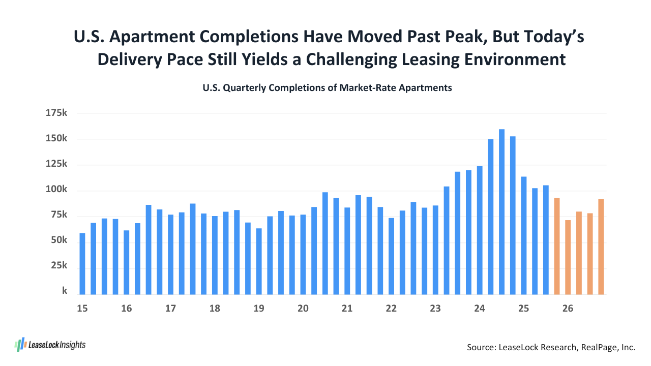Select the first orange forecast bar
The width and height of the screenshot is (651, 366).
557,246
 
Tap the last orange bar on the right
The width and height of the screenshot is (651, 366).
601,247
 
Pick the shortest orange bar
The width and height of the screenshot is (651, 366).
568,257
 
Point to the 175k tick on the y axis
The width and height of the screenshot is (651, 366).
56,113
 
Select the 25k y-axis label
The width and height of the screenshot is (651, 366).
59,266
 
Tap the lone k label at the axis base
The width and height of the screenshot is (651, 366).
65,291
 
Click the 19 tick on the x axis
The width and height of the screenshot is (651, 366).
259,309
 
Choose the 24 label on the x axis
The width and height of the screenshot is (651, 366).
479,309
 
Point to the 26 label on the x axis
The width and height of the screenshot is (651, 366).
568,309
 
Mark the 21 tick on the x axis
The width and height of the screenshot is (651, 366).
347,309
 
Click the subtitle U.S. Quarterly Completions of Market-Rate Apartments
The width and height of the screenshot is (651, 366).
327,88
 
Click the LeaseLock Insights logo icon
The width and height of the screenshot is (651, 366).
20,345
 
